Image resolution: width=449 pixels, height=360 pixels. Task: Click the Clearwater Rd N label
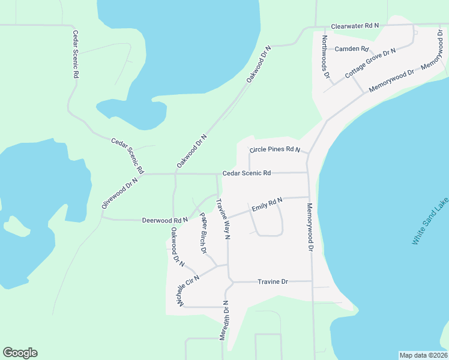355,26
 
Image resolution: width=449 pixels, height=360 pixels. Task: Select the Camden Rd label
351,49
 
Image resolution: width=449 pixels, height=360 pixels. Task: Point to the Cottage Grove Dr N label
370,64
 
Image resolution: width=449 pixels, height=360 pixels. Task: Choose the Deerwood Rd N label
165,220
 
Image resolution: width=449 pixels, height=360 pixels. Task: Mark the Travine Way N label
223,219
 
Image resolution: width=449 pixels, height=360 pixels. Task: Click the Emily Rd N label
267,205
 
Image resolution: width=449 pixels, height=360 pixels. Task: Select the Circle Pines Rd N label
274,149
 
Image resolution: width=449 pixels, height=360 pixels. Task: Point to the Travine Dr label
273,281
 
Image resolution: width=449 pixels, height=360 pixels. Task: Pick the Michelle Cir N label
188,290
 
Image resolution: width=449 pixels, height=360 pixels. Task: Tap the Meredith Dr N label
224,321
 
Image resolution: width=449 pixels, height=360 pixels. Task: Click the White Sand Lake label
430,220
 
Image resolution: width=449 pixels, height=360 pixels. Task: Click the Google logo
20,353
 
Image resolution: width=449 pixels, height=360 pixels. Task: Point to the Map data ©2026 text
423,355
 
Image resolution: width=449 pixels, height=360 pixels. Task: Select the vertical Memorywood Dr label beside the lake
310,226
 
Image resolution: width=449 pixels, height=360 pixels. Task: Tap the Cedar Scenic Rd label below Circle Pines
247,173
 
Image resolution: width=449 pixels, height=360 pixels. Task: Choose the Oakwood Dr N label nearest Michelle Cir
176,245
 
